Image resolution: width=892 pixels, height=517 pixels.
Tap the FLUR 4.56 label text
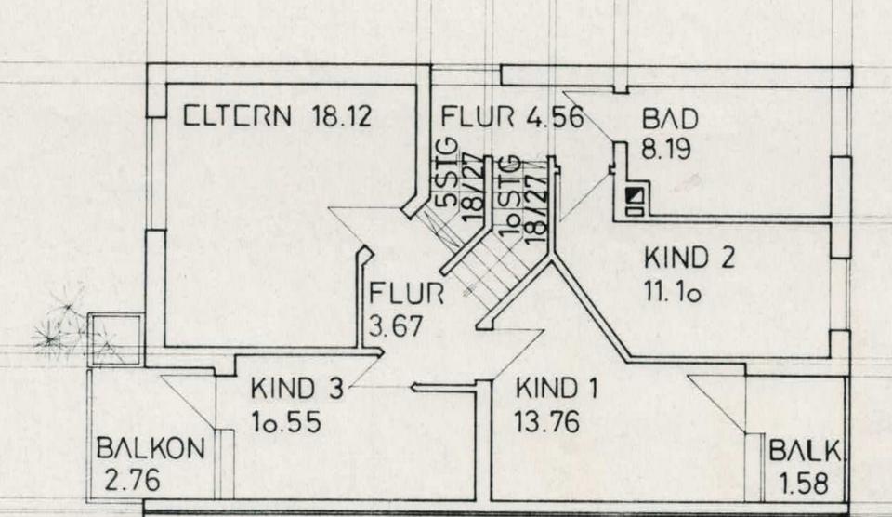(513, 117)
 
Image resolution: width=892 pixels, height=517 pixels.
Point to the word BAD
(670, 120)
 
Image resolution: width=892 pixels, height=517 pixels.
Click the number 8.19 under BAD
(665, 149)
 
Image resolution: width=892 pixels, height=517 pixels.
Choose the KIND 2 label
(689, 258)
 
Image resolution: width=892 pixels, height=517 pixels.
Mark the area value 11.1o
(672, 292)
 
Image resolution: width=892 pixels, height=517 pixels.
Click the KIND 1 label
(557, 389)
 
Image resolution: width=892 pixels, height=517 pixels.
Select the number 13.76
(546, 422)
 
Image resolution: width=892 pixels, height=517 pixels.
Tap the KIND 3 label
(297, 389)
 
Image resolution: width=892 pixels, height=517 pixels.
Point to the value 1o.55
(286, 422)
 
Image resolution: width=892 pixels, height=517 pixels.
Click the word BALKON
(151, 448)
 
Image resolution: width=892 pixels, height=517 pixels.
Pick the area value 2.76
(133, 480)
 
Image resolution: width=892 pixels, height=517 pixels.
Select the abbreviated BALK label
(805, 452)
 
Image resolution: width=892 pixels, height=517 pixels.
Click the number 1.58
(804, 484)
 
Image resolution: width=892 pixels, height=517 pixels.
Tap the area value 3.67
(396, 326)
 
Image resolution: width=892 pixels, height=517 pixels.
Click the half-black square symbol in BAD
(635, 196)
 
